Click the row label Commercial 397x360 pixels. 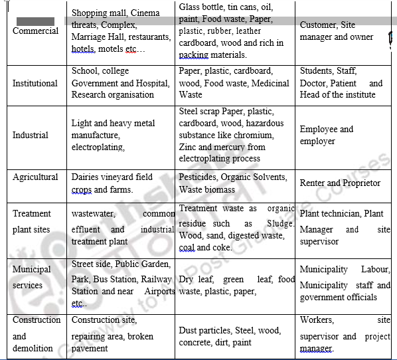click(x=35, y=31)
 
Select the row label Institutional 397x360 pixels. click(x=35, y=84)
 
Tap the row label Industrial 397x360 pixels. click(x=31, y=135)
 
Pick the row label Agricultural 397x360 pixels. click(x=35, y=177)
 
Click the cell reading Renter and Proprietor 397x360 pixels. click(x=340, y=183)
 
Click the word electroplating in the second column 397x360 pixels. click(x=98, y=147)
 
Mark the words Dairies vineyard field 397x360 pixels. click(x=112, y=177)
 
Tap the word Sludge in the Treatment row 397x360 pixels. click(x=280, y=225)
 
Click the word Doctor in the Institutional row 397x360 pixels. click(x=313, y=84)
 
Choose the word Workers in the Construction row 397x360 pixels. click(x=317, y=320)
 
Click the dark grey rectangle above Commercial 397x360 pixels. click(x=35, y=21)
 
